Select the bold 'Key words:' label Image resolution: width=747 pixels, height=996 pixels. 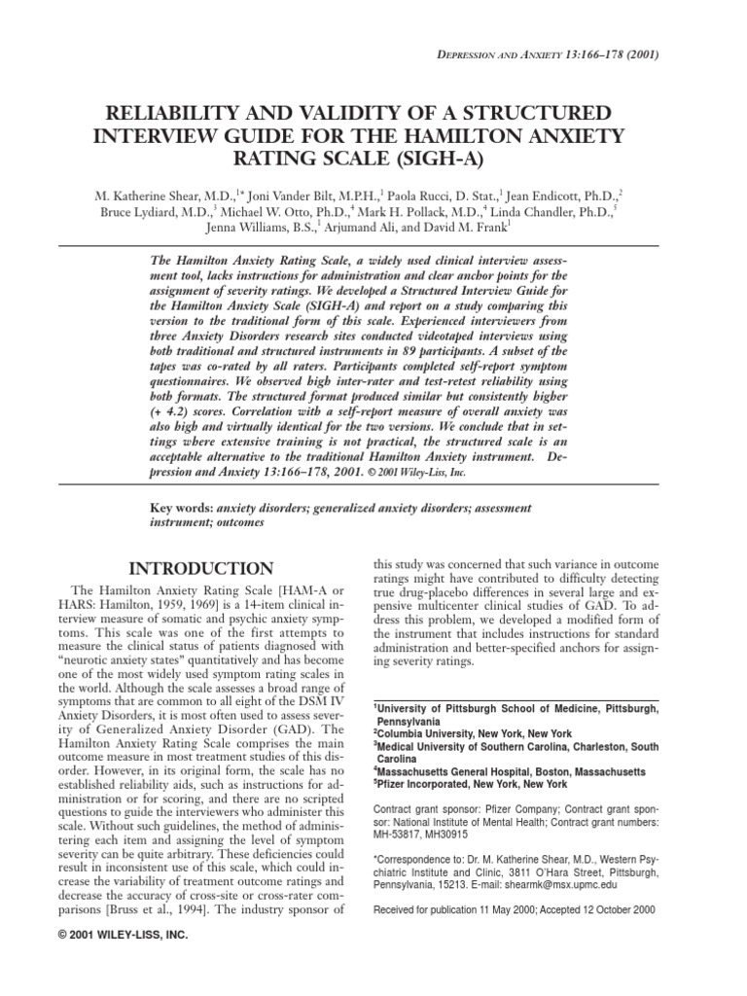tap(178, 508)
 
